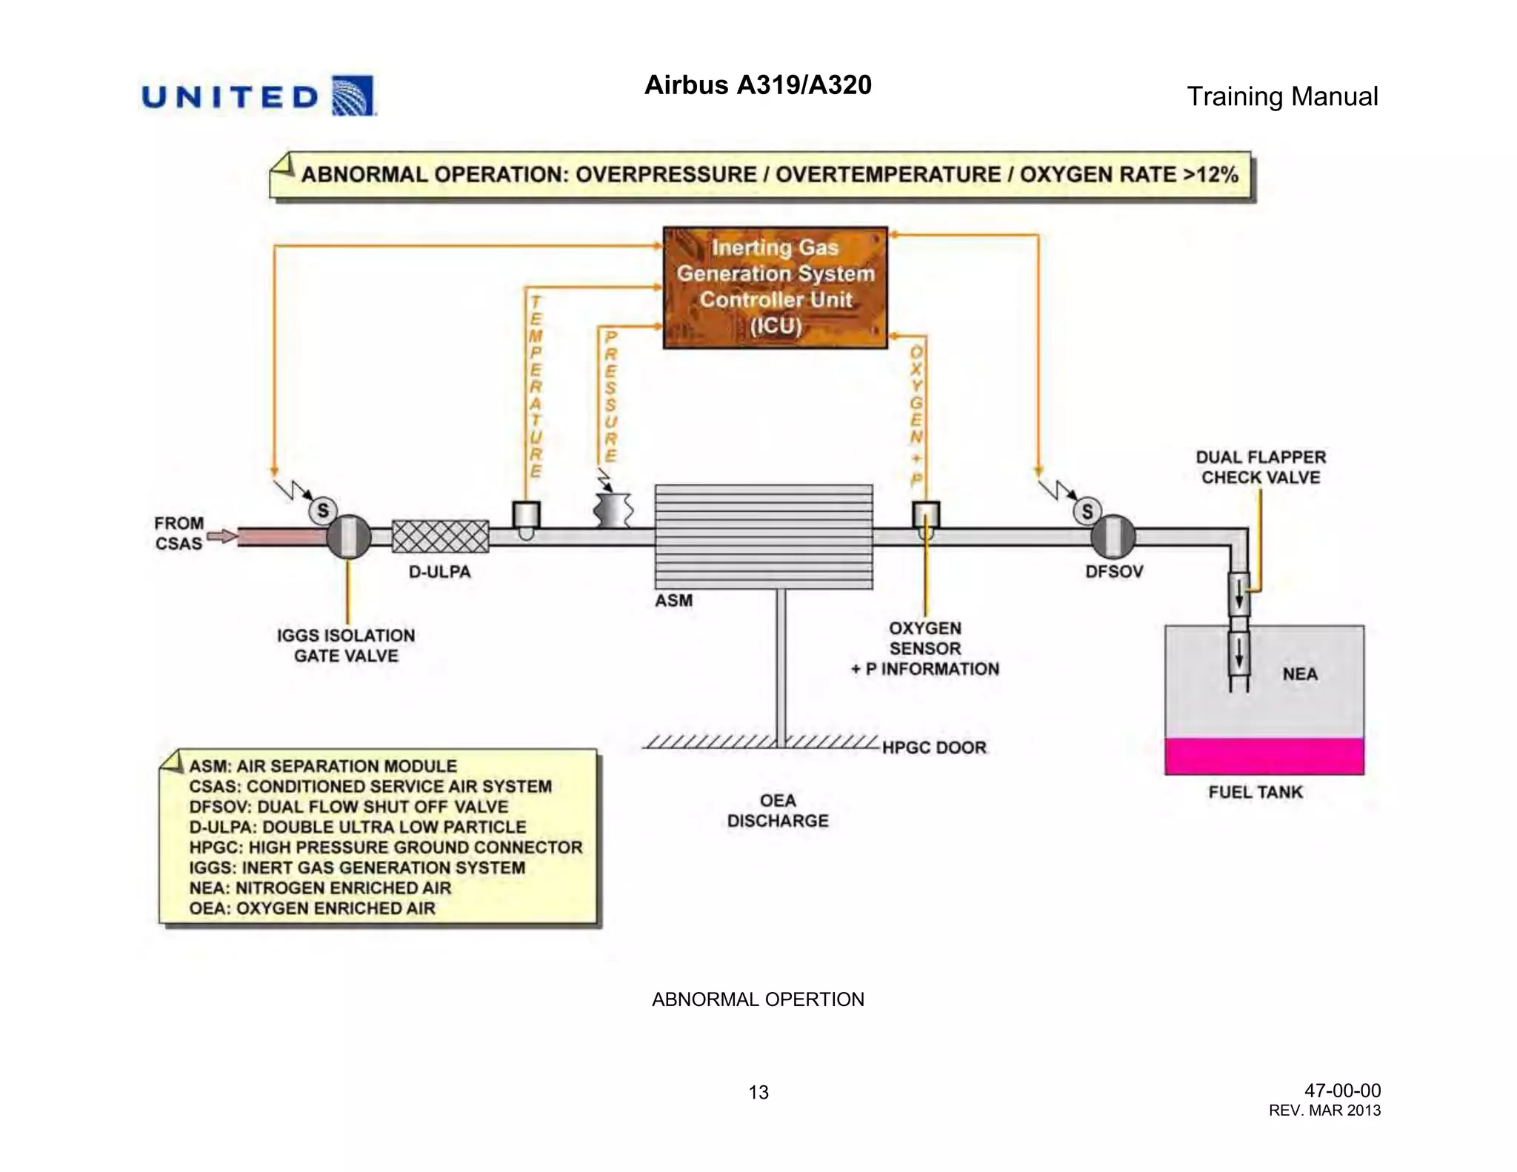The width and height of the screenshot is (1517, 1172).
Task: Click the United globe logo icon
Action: (353, 96)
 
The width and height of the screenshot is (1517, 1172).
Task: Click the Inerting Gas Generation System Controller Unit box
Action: (775, 287)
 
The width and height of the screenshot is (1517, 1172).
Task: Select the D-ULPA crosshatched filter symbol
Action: (440, 536)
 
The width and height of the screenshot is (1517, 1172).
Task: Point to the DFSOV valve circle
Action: (1113, 536)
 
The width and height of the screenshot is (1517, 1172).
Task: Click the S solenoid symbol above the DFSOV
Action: (1087, 511)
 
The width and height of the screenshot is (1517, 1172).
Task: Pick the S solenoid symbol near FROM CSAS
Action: (323, 510)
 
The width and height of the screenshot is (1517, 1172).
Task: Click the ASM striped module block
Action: (763, 536)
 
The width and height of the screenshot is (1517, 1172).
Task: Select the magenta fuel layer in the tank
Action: (1264, 756)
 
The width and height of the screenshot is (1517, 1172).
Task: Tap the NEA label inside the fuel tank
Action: (1300, 674)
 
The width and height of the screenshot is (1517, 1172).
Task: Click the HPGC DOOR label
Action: (934, 748)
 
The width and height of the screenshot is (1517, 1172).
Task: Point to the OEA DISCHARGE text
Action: (777, 810)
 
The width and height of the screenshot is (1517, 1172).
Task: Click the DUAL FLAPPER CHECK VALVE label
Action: (1261, 467)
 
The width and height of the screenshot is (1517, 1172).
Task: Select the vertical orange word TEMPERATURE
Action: (536, 387)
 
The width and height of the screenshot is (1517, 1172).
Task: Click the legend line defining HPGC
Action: (385, 848)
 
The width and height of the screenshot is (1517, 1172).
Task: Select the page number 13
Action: (758, 1092)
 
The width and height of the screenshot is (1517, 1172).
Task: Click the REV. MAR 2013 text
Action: (1324, 1111)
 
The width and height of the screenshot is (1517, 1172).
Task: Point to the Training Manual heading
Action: (1281, 96)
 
